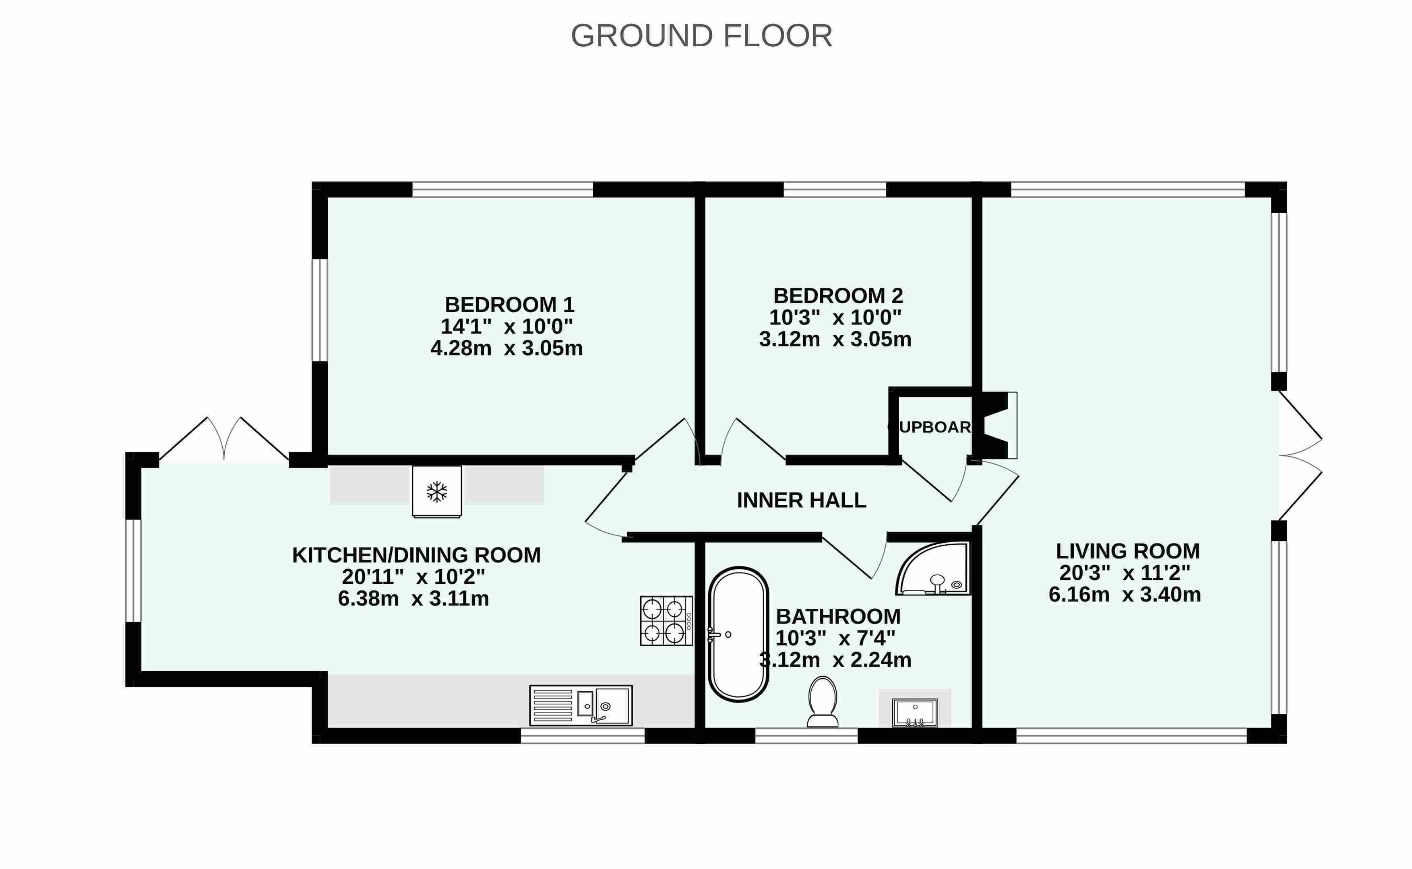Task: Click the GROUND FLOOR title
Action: click(701, 36)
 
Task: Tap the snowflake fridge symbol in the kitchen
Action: click(436, 491)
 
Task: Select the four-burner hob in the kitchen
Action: click(666, 621)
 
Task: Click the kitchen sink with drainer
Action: click(581, 705)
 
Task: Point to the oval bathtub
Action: click(738, 634)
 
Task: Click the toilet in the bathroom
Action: click(823, 702)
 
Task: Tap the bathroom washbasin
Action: click(914, 712)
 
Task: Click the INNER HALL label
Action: click(801, 500)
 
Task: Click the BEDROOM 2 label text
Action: click(838, 296)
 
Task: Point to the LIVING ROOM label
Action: click(1127, 551)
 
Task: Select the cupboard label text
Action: click(929, 427)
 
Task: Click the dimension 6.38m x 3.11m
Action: click(413, 599)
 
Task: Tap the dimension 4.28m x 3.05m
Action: click(507, 348)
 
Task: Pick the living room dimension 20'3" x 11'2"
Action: click(1125, 573)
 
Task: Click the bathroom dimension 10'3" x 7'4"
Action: click(835, 638)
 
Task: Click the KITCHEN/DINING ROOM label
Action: click(416, 555)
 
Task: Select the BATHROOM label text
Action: click(838, 617)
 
